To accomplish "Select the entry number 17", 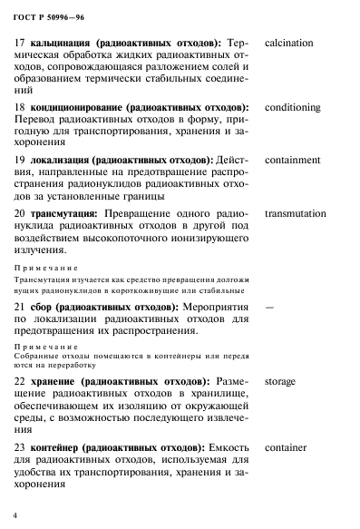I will [21, 43].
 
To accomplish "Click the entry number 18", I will [21, 107].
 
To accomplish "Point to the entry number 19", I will [21, 160].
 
